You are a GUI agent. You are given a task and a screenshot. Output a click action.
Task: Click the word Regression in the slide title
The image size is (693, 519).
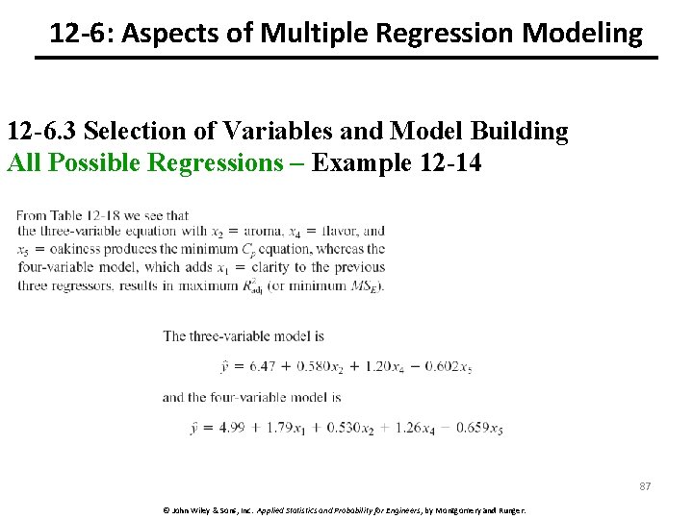[437, 35]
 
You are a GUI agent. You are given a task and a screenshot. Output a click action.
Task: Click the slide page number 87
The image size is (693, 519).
[645, 486]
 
